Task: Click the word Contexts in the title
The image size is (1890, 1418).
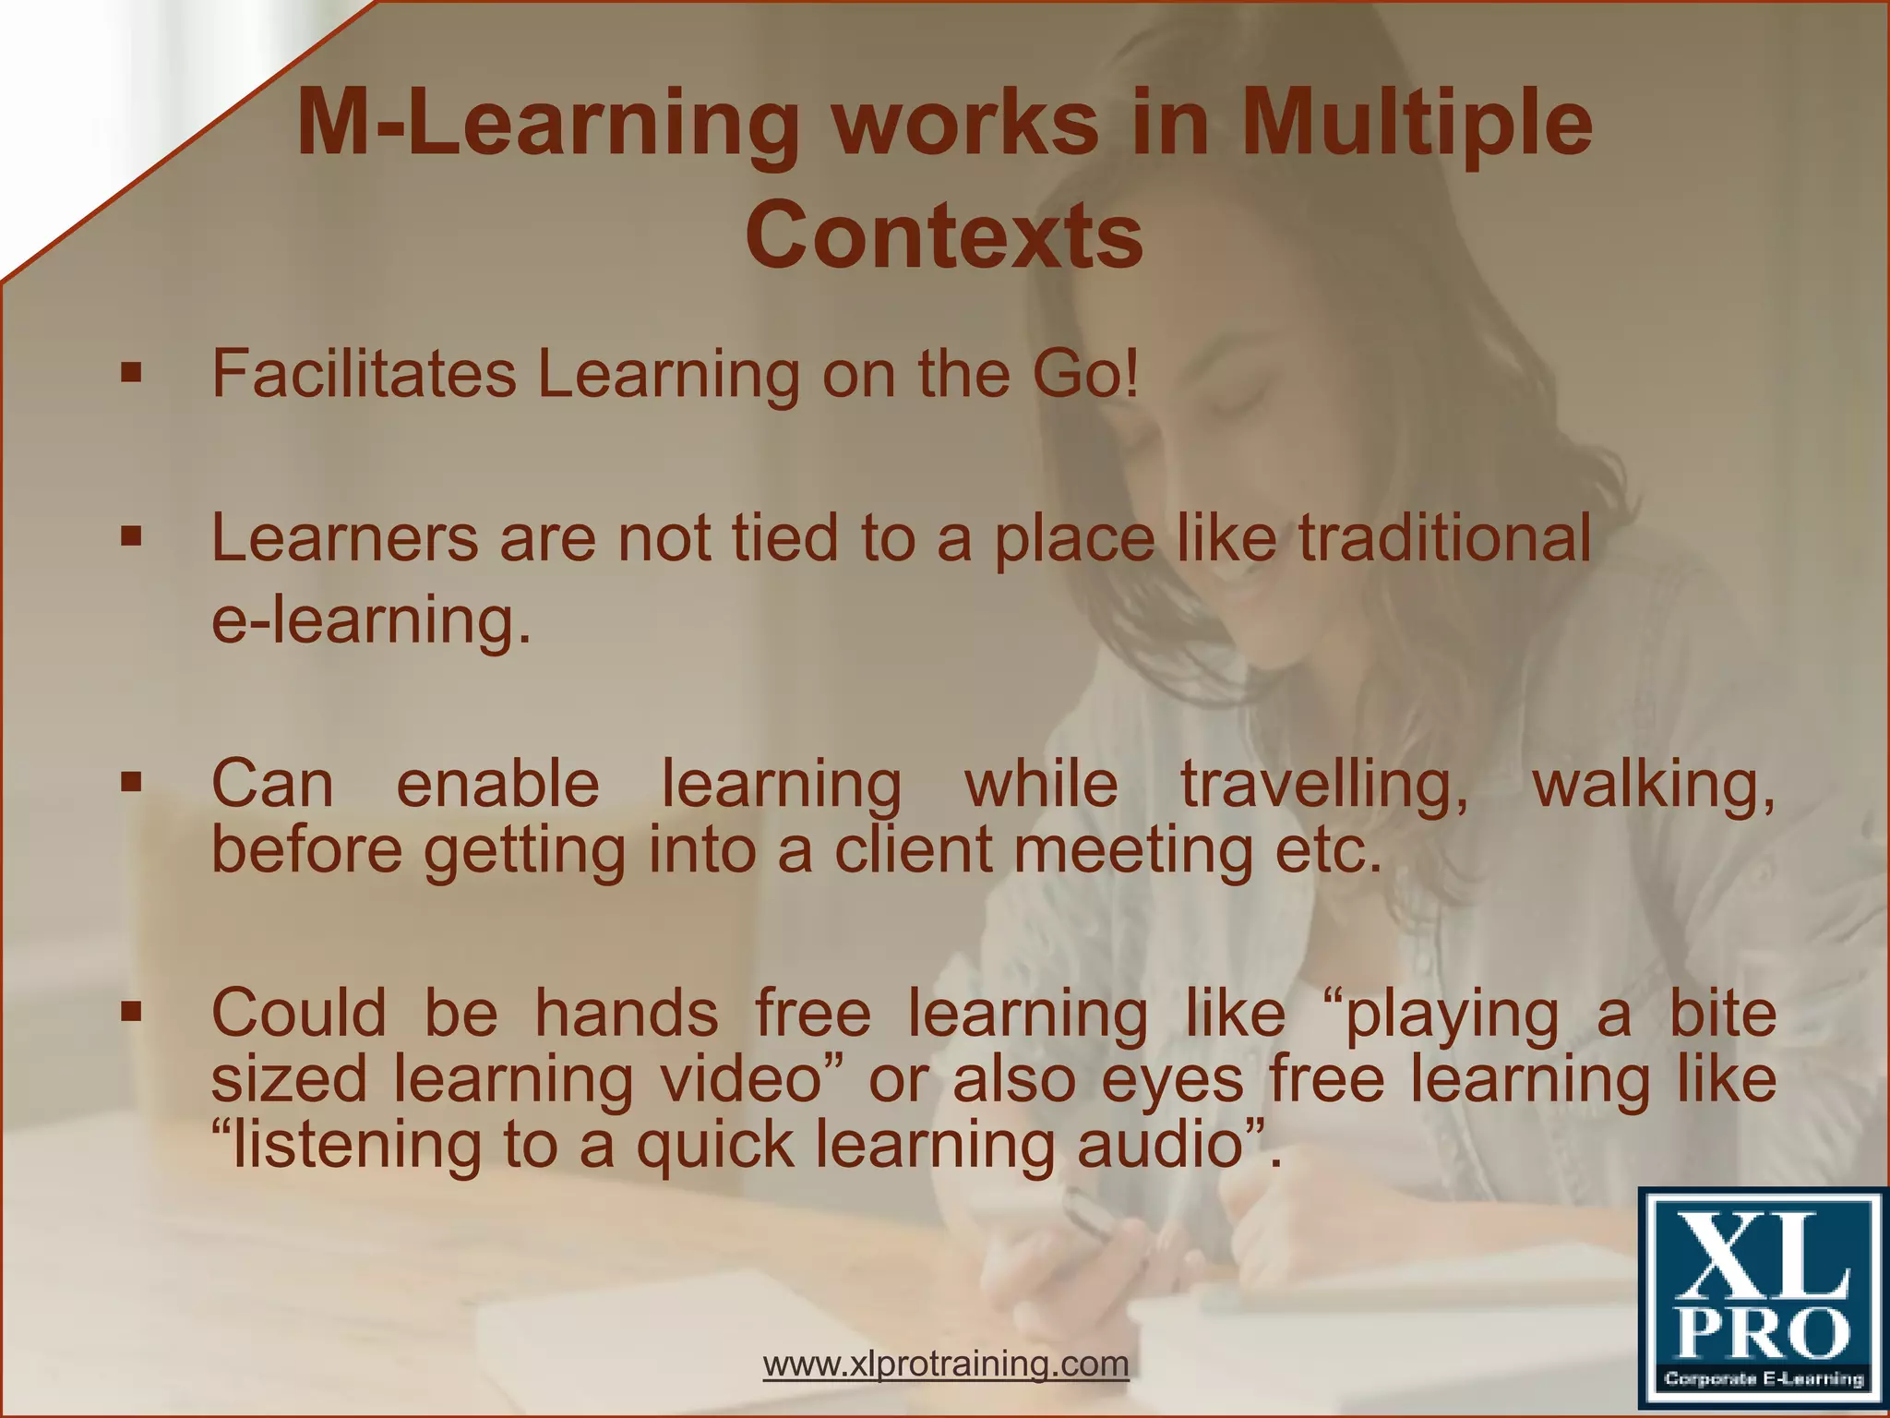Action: point(944,236)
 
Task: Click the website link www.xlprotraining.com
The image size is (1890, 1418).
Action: point(946,1363)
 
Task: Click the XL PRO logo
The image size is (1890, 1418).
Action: point(1762,1301)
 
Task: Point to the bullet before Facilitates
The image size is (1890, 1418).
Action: point(131,374)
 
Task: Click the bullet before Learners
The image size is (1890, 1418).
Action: point(131,536)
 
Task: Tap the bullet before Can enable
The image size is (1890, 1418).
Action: point(131,783)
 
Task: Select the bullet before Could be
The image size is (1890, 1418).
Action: point(131,1013)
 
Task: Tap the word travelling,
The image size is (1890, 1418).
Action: point(1325,785)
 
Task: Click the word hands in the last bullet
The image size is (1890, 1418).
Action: point(627,1013)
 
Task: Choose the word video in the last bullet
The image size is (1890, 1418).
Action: point(751,1078)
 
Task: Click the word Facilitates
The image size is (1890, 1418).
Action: point(364,373)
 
